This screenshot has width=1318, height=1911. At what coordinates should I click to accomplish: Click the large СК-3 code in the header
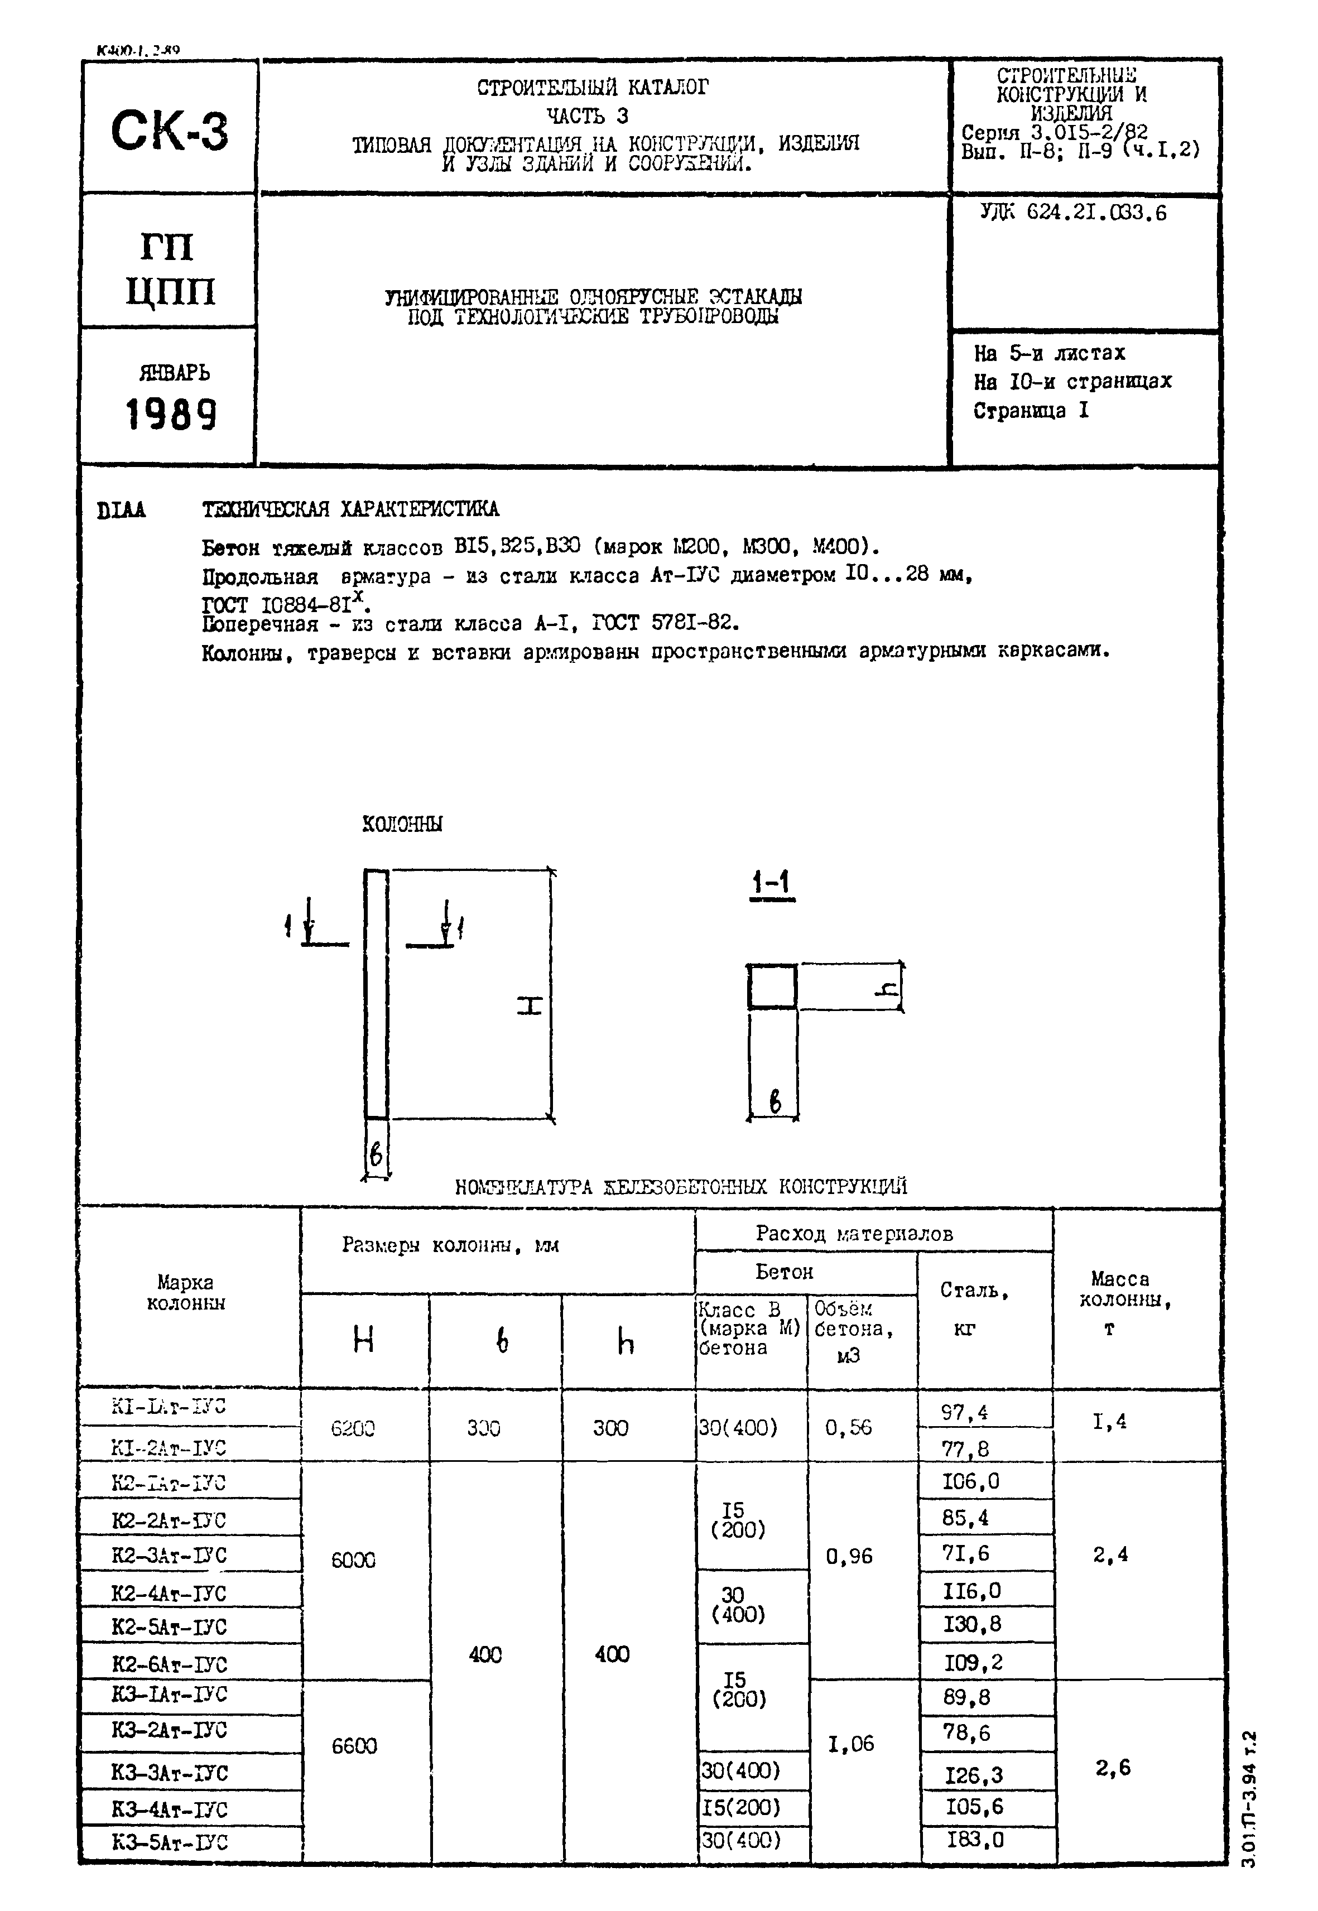click(x=169, y=131)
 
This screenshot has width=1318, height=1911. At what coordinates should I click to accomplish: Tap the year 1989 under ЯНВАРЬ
click(x=171, y=415)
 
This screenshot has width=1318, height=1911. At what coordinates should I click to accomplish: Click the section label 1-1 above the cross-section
click(x=771, y=884)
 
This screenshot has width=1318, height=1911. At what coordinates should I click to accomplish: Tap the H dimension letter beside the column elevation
click(x=530, y=1006)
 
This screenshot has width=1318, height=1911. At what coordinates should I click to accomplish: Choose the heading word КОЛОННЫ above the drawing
click(x=402, y=824)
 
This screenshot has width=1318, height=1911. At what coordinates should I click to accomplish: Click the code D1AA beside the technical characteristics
click(x=122, y=511)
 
